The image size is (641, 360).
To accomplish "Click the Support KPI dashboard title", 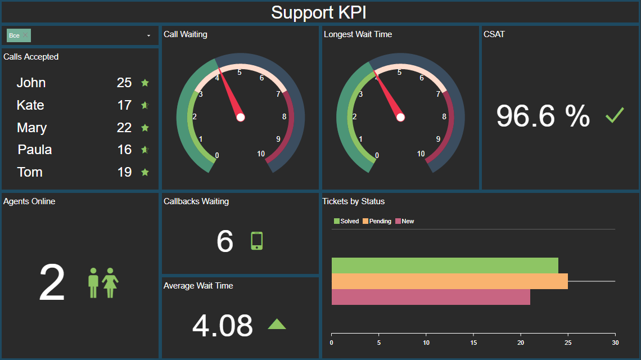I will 319,12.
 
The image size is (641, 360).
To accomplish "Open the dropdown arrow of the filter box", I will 148,35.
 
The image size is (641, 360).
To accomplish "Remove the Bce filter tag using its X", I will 25,35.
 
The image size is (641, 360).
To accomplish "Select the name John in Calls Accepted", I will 31,83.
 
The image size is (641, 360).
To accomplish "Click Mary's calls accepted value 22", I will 124,128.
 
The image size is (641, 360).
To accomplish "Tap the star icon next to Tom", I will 145,172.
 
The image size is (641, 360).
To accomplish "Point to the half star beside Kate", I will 145,105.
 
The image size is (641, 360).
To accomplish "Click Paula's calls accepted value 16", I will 124,150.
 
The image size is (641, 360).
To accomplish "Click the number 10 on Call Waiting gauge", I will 261,154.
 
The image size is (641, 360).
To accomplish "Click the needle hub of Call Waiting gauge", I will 241,117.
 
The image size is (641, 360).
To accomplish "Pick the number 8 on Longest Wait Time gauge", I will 444,117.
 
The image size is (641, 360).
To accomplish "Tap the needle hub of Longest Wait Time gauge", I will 400,117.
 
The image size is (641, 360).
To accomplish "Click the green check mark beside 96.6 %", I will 615,116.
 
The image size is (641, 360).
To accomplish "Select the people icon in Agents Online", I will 103,283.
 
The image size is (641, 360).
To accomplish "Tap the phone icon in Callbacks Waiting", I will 256,241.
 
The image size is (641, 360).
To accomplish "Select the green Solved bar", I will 444,265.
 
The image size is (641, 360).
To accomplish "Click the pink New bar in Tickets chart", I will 430,297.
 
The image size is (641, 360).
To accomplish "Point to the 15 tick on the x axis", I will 473,343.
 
